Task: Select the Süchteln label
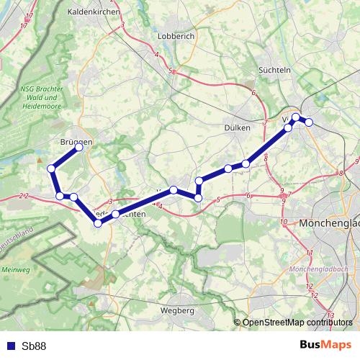coord(274,70)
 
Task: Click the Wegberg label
coord(176,310)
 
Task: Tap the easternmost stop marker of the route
coord(309,122)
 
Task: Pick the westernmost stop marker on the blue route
coord(51,168)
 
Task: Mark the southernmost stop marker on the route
coord(98,223)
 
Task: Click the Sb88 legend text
coord(34,346)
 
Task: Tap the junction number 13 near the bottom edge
coord(330,315)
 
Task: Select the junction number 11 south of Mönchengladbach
coord(310,253)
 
